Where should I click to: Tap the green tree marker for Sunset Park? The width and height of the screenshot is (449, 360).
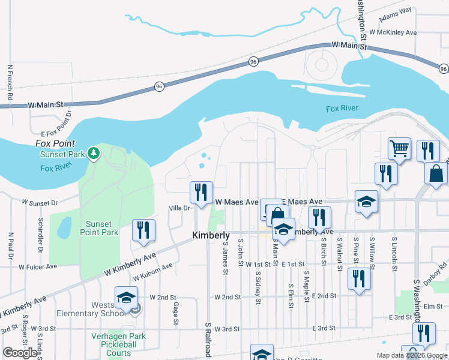point(93,154)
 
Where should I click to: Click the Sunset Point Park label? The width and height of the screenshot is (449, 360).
point(100,228)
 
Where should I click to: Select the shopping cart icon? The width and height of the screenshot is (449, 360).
point(399,148)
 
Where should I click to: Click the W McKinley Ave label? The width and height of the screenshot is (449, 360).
point(393,32)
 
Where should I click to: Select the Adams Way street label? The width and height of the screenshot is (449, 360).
point(396,11)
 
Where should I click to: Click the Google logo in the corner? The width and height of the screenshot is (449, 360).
point(20,353)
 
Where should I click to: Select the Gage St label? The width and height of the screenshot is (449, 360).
point(176,313)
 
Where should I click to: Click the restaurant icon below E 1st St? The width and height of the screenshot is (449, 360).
point(359,278)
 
